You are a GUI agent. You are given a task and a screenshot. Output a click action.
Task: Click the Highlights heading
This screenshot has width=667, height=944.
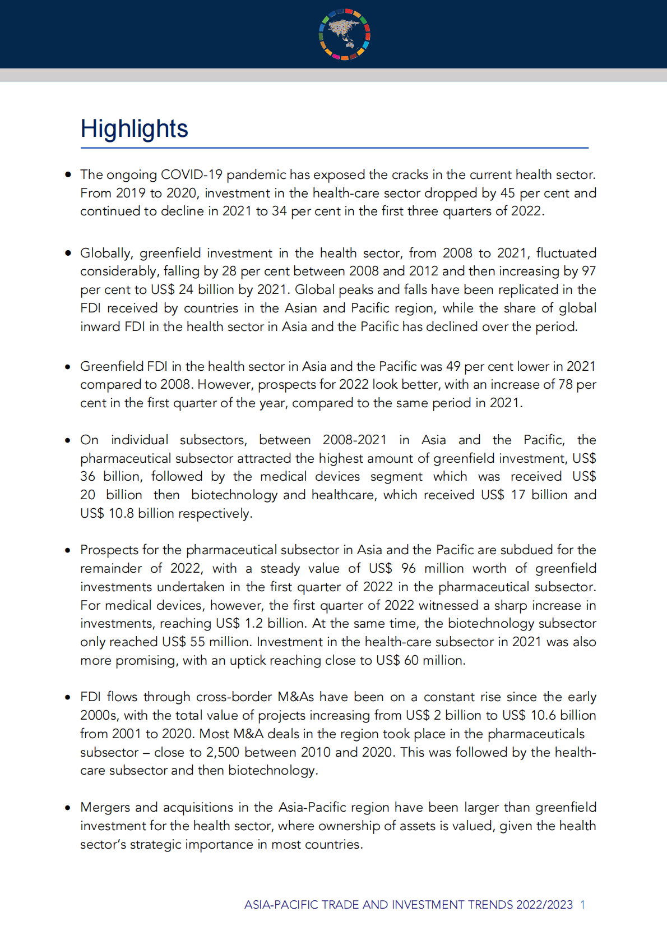tap(134, 128)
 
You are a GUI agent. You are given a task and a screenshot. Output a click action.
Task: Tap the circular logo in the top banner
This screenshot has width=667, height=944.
tap(345, 34)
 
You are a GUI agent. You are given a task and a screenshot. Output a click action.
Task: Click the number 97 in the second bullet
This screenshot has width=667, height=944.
tap(589, 271)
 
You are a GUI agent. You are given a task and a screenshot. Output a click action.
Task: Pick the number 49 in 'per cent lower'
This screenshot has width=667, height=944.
tap(453, 366)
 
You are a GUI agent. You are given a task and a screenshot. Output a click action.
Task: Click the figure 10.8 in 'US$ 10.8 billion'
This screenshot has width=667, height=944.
tap(121, 513)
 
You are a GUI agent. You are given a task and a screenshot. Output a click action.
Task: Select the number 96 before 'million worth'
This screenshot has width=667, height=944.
tap(409, 568)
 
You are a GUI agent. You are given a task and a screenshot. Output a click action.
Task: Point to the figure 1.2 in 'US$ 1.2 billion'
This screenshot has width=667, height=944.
tap(254, 623)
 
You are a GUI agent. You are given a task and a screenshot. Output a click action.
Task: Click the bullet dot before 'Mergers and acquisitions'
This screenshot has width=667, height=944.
tap(68, 808)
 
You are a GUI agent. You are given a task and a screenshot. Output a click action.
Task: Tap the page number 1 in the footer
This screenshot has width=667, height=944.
tap(583, 905)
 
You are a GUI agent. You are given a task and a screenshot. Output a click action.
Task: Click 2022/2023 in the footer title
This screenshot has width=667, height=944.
tap(544, 905)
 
